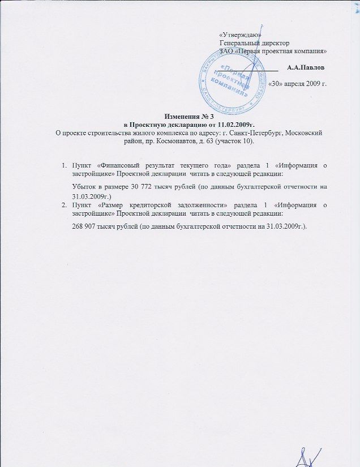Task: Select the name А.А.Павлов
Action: tap(306, 68)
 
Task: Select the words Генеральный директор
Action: tap(254, 42)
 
